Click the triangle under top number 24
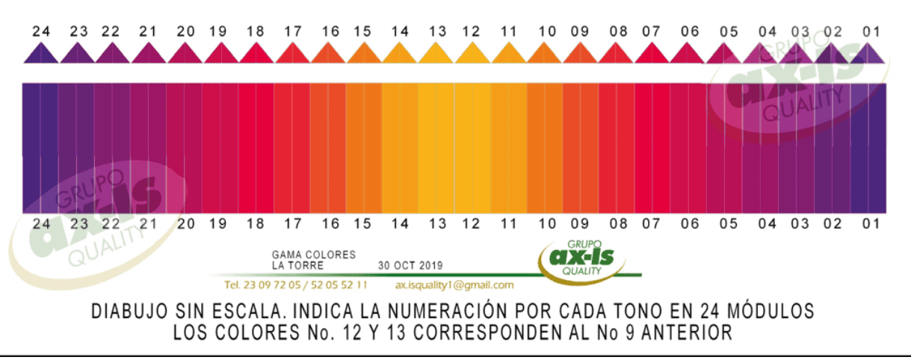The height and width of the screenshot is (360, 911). pos(41,53)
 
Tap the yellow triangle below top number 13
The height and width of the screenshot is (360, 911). pos(437,53)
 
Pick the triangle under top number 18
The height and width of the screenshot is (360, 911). pos(256,53)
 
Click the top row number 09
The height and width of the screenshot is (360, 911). pos(580,31)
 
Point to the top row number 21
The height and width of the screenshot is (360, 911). pos(148,31)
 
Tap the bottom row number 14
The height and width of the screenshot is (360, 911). pos(400,223)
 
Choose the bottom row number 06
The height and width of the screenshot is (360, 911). pos(690,223)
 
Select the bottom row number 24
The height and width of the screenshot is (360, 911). pos(42,223)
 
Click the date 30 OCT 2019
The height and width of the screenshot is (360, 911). pos(410,265)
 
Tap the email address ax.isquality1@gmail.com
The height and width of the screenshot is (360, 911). pos(454,285)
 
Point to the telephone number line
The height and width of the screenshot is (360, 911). pos(296,285)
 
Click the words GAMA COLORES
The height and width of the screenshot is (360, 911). pos(314,255)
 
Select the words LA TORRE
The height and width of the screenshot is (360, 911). pos(298,265)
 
